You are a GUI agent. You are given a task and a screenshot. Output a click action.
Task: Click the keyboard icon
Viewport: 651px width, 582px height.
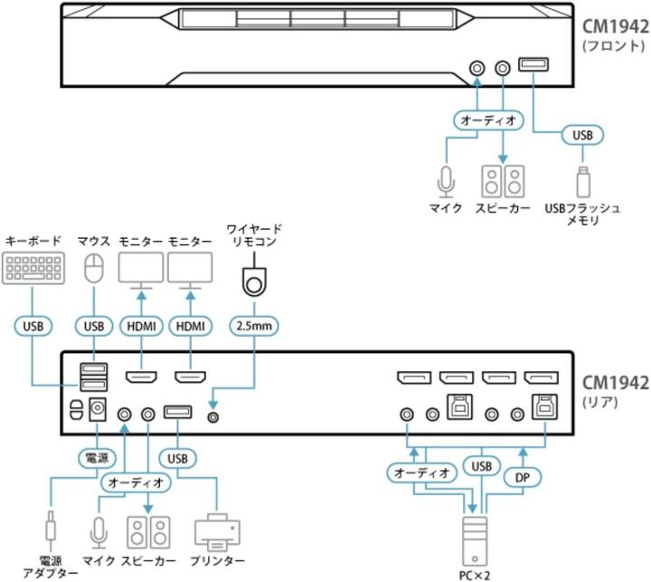(33, 270)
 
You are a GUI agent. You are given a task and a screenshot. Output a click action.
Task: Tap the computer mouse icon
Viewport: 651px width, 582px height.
(93, 268)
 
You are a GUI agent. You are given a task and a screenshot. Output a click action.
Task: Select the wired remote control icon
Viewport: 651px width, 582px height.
(256, 281)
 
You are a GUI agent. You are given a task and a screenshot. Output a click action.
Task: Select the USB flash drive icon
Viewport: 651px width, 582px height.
(582, 180)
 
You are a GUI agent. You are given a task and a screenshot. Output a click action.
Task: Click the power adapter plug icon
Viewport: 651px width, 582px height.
(51, 529)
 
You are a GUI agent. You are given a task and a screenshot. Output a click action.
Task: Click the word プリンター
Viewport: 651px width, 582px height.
(217, 561)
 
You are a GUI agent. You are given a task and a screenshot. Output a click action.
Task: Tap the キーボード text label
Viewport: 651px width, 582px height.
(33, 241)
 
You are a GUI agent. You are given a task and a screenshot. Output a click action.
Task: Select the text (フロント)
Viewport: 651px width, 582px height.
(613, 43)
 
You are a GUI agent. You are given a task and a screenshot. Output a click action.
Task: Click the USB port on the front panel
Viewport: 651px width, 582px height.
(533, 64)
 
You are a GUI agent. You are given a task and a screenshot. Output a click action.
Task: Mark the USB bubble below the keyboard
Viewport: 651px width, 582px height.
(33, 325)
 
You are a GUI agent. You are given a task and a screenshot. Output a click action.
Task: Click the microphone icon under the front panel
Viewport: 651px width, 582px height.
(445, 181)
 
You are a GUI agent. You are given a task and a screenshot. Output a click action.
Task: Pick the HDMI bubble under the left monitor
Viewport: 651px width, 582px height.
(141, 325)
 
